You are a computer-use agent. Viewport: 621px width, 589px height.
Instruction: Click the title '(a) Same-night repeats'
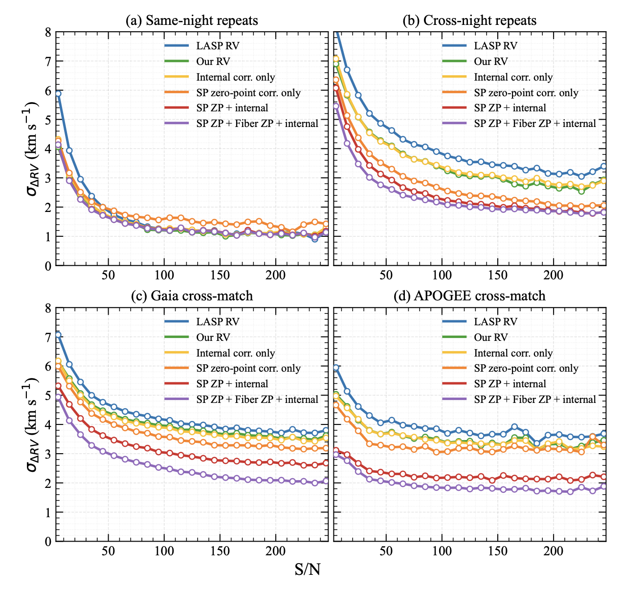pos(192,21)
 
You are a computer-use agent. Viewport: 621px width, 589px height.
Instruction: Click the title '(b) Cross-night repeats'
pos(469,21)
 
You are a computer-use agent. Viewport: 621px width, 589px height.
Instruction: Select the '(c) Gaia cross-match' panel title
pos(192,296)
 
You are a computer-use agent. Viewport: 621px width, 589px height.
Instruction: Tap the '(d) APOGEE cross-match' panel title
pos(469,296)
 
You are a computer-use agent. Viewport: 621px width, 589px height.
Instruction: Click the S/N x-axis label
pos(308,569)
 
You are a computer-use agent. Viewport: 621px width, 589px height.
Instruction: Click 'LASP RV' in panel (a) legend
pos(218,46)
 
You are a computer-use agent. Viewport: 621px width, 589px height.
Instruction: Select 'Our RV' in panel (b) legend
pos(490,61)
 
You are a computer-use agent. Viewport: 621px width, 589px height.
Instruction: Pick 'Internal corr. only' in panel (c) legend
pos(235,353)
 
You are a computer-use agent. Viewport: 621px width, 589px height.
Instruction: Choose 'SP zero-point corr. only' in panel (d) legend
pos(526,368)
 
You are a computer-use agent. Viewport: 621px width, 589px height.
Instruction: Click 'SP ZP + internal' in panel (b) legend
pos(510,108)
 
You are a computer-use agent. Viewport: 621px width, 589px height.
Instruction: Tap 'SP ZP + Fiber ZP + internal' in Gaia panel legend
pos(257,400)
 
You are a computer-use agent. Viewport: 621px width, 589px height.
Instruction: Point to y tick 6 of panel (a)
pos(48,91)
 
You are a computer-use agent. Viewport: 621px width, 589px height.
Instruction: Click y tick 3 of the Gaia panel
pos(48,454)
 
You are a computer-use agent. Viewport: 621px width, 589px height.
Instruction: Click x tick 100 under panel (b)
pos(442,275)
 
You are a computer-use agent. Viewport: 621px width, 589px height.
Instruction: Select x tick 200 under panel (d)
pos(553,551)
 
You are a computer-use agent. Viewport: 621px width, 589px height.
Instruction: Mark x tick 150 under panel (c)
pos(220,551)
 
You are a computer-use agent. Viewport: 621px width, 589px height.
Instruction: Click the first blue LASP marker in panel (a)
pos(58,93)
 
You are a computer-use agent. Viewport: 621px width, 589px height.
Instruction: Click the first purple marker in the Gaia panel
pos(58,397)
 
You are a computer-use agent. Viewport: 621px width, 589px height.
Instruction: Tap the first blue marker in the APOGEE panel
pos(336,368)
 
